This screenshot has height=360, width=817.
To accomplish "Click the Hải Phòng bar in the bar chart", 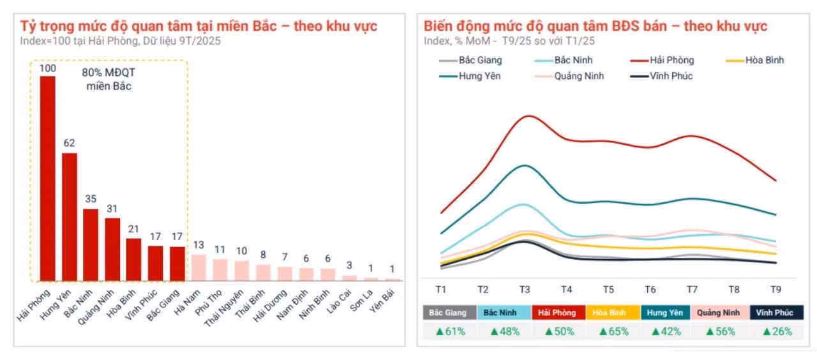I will tap(48, 179).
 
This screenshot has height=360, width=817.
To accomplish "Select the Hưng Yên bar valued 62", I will tap(70, 217).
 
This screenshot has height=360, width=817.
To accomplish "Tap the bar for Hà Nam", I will tap(199, 267).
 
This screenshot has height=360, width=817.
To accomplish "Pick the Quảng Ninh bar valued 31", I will tap(112, 249).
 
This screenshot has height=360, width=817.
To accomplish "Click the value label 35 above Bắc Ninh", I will tap(91, 199).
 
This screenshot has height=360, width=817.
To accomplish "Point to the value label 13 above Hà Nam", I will tap(199, 244).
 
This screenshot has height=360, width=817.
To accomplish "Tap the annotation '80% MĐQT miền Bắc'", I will tap(109, 79).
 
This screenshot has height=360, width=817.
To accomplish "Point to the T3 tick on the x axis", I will tap(525, 289).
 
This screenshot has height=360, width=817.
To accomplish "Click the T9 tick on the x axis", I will tap(776, 289).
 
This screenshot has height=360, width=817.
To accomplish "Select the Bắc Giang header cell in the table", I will tap(449, 313).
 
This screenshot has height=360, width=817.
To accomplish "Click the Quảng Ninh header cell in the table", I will tap(718, 313).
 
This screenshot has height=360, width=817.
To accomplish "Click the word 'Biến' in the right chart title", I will tap(441, 26).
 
